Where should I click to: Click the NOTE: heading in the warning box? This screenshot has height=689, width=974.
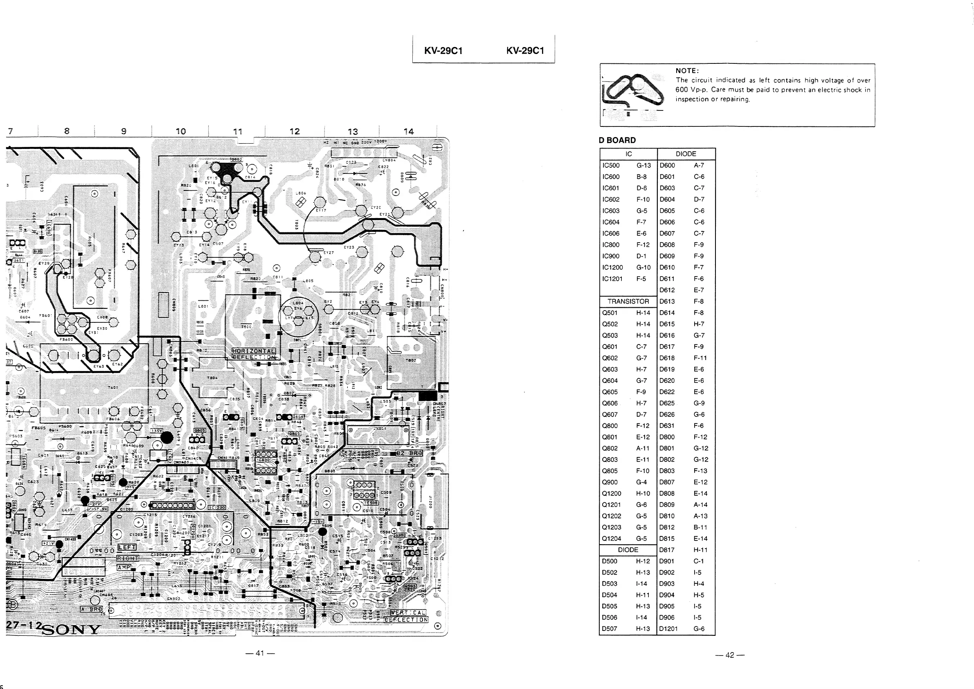click(687, 71)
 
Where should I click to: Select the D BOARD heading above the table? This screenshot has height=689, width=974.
click(617, 140)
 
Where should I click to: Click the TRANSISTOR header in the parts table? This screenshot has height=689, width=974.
click(628, 302)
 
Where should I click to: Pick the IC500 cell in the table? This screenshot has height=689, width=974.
click(611, 165)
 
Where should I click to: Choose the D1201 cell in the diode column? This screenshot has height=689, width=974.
click(668, 629)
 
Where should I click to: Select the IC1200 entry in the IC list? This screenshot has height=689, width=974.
click(612, 268)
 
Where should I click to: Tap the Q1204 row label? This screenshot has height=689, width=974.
click(612, 539)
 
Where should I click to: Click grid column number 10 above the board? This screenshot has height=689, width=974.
click(181, 131)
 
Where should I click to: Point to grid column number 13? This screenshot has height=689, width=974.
click(353, 132)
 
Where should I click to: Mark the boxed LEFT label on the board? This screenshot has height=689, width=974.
click(126, 548)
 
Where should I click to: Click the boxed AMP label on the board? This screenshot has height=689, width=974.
click(124, 567)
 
